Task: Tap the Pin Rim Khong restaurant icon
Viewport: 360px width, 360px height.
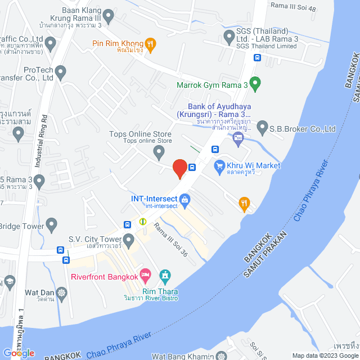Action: pyautogui.click(x=150, y=43)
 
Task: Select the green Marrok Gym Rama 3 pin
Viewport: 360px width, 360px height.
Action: pyautogui.click(x=255, y=84)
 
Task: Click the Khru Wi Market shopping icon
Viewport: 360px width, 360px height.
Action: pyautogui.click(x=219, y=166)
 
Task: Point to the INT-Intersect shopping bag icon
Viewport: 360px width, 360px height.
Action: pyautogui.click(x=184, y=199)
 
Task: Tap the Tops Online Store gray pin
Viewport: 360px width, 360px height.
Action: pyautogui.click(x=159, y=151)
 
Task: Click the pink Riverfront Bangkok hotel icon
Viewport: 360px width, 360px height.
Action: pyautogui.click(x=145, y=276)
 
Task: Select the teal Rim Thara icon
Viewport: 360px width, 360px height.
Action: pyautogui.click(x=165, y=276)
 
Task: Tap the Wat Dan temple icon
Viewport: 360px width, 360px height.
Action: pyautogui.click(x=61, y=292)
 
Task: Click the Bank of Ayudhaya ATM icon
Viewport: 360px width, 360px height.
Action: pyautogui.click(x=238, y=137)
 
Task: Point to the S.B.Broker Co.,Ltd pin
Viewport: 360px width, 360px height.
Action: pyautogui.click(x=262, y=129)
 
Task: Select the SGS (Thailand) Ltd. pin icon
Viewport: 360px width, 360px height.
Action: pyautogui.click(x=229, y=37)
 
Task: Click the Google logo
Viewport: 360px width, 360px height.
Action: pyautogui.click(x=18, y=353)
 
